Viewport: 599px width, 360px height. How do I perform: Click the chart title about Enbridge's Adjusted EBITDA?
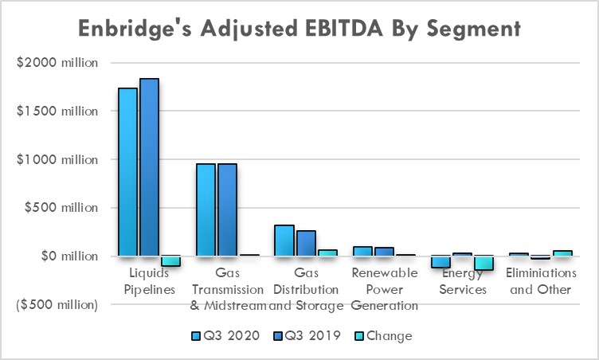click(299, 29)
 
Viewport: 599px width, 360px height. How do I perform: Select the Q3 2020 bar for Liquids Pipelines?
click(127, 171)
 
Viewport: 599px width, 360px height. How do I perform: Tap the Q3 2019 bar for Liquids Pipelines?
click(149, 167)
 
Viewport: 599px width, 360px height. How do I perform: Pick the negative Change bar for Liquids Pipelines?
click(170, 261)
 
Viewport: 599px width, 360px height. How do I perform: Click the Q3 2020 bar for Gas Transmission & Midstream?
click(206, 209)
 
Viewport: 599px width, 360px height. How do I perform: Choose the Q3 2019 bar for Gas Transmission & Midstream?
click(227, 209)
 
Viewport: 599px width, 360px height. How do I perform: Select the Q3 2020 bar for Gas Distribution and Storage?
click(284, 241)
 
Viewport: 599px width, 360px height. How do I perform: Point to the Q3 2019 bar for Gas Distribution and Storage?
click(305, 243)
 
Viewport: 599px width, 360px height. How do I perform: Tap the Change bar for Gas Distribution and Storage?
click(327, 252)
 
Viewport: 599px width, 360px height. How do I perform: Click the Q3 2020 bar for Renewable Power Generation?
click(362, 251)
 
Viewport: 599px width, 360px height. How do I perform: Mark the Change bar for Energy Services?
click(484, 263)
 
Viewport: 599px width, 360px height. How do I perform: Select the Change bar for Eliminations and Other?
click(562, 253)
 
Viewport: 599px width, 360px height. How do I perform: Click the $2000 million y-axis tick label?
click(58, 63)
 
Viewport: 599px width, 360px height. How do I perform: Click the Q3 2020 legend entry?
click(226, 335)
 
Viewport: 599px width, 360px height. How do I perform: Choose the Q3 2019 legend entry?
click(306, 335)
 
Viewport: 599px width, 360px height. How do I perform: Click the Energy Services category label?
click(463, 281)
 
